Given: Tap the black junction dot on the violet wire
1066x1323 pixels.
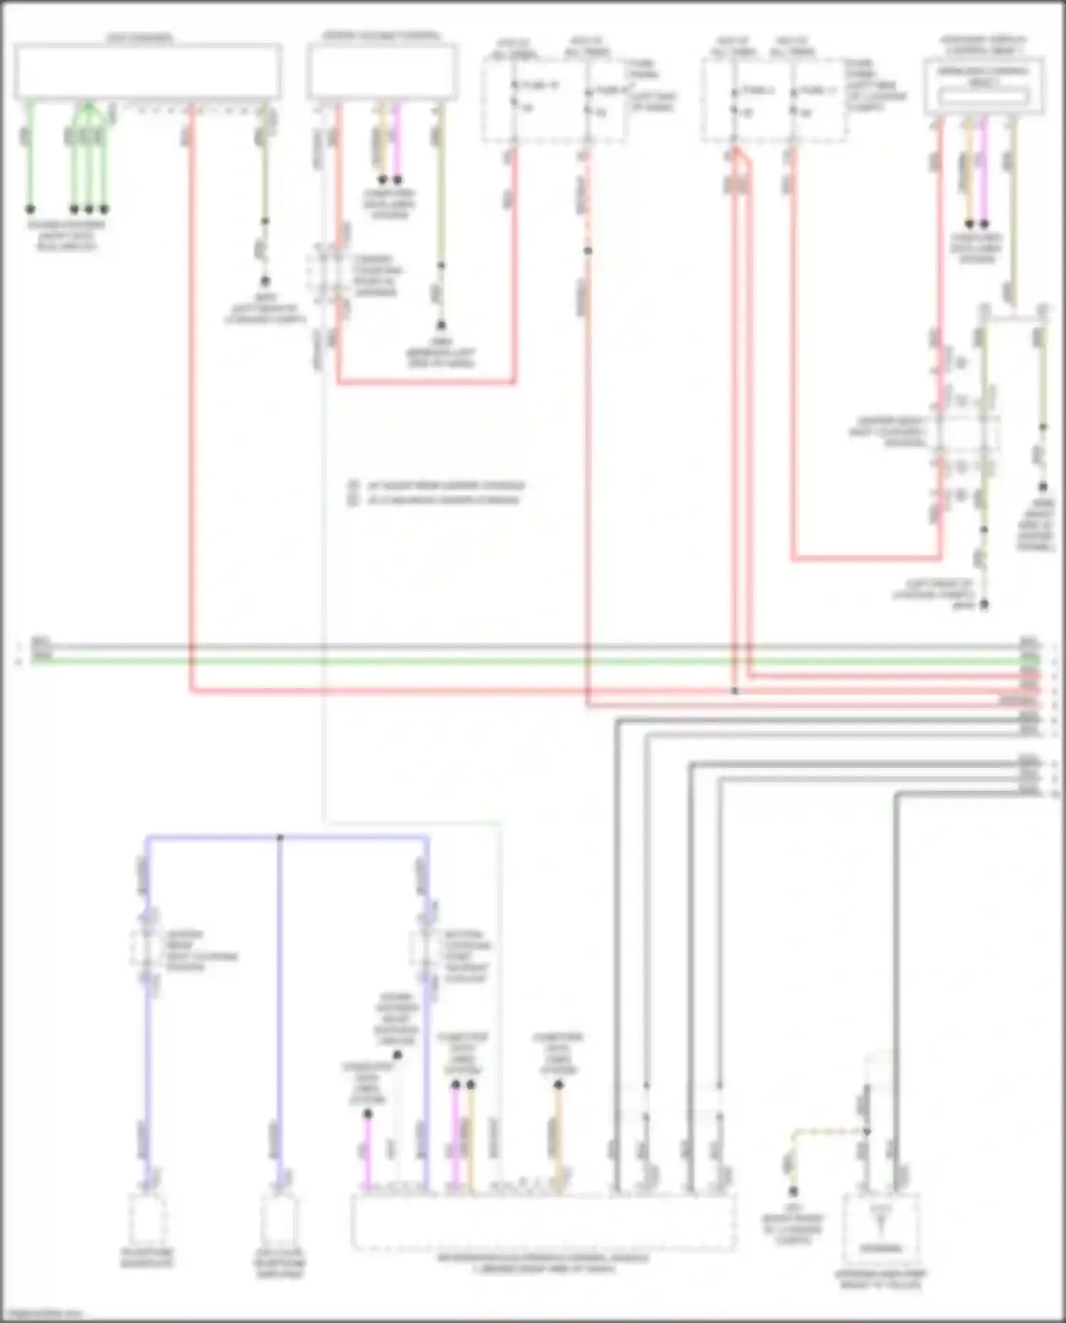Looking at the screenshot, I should pos(280,837).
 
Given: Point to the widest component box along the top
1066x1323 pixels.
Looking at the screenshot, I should pos(148,71).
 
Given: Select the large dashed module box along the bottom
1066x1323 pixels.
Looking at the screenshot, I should pos(544,1221).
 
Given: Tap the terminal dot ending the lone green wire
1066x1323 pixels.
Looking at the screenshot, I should pos(31,209).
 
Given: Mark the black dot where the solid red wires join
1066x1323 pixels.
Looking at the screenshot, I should pos(735,690).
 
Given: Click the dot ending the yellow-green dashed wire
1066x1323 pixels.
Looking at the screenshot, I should pos(793,1191).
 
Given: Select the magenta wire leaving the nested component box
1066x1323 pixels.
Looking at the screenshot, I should pos(984,171).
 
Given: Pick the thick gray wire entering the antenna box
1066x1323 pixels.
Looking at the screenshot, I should pos(896,995).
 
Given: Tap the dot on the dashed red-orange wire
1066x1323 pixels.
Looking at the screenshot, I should pos(588,251).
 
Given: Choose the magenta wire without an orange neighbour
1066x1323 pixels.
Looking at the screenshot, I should pos(367,1152).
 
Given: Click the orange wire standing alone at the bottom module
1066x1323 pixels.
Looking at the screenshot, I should pos(559,1137).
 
